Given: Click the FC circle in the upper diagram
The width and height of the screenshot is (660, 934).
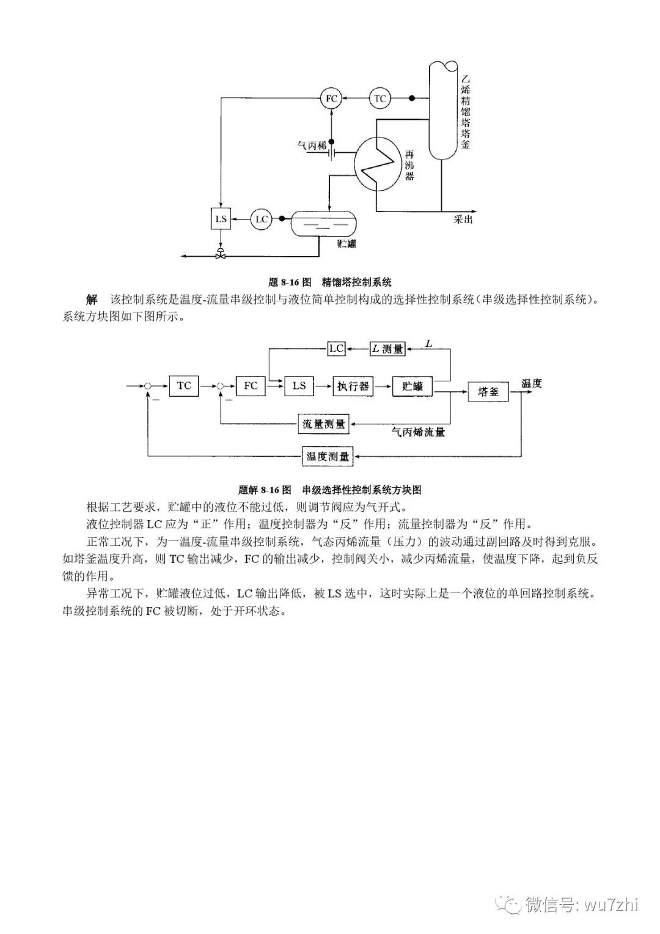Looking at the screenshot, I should pos(331,98).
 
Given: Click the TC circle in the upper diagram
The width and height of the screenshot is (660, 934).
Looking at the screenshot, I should pos(380,98).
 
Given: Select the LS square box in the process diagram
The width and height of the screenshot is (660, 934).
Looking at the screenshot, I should pos(221,219).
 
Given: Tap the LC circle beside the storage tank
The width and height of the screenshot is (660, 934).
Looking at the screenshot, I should pos(262,219).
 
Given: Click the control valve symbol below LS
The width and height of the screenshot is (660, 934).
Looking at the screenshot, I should pos(221,255).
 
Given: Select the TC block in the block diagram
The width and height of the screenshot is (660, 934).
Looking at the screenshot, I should pos(184,386).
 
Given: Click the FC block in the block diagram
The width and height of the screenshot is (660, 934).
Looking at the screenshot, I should pos(251,386).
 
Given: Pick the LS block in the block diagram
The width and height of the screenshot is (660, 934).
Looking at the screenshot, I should pos(299,386).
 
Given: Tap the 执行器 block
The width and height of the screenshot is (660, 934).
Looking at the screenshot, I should pos(353,386).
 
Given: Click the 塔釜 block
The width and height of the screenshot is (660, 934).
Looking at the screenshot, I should pos(488,392).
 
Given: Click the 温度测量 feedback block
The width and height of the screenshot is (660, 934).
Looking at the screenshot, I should pos(328,456).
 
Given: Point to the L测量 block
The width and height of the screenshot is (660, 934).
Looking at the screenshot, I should pos(387,349).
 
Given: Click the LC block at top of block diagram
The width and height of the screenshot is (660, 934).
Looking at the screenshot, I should pos(336,348).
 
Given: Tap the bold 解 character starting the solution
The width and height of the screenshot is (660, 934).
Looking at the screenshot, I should pos(92,300).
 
